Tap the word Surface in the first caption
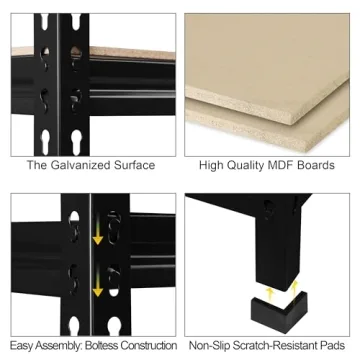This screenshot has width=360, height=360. (135, 165)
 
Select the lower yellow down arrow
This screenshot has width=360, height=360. (97, 289)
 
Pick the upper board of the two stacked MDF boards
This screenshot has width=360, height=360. (270, 60)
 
